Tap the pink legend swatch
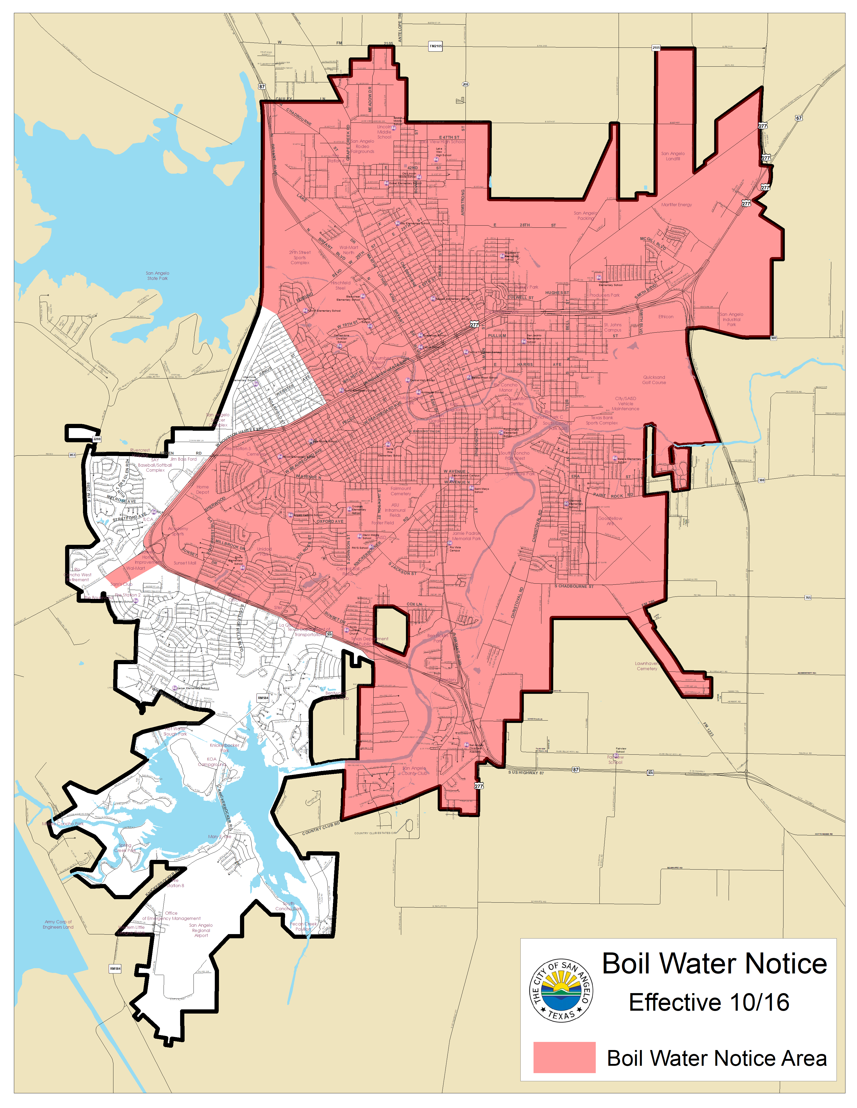click(x=564, y=1057)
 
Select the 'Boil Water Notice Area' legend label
click(x=716, y=1058)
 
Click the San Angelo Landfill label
click(x=673, y=156)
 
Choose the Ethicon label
click(x=666, y=317)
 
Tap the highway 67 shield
click(x=799, y=118)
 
